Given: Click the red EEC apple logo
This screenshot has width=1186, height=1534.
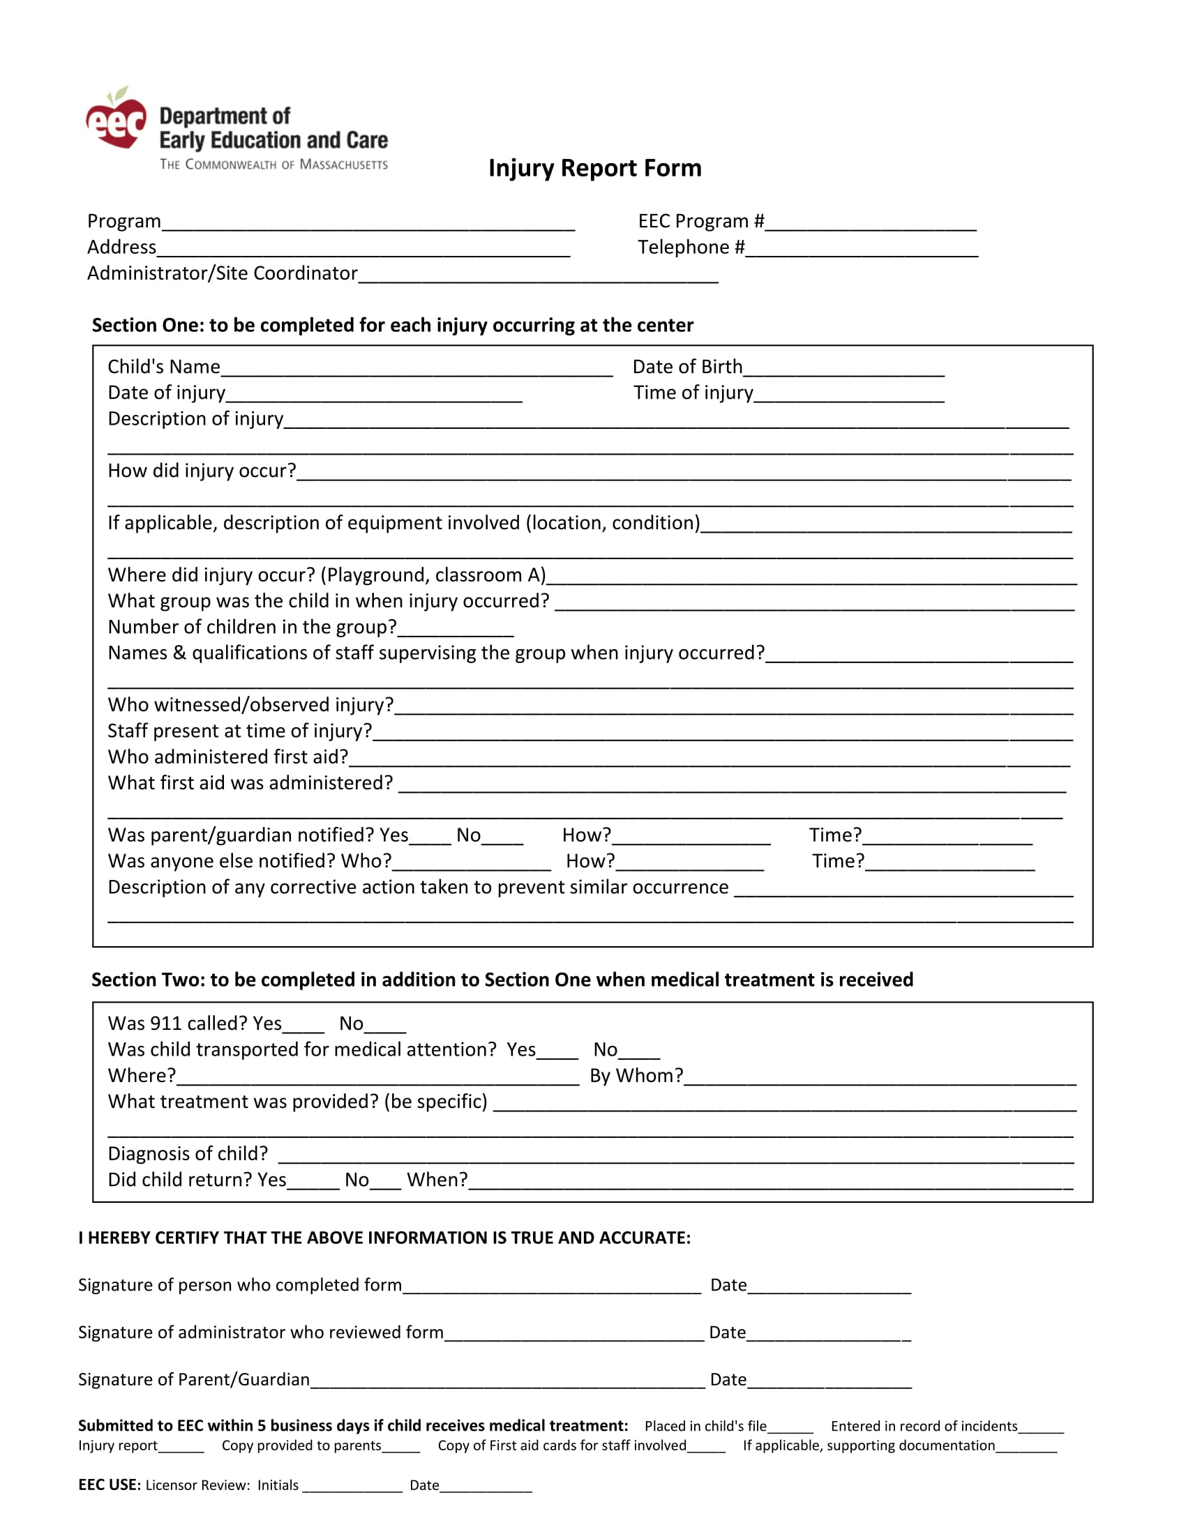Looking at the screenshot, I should coord(116,119).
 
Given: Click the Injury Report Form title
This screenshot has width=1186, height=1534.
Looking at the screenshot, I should coord(594,168).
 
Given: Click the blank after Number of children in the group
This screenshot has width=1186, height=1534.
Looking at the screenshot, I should coord(456,630).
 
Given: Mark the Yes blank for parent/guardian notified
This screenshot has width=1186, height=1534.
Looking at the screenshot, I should coord(430,838).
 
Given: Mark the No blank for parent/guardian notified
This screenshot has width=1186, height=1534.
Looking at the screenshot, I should coord(502,838).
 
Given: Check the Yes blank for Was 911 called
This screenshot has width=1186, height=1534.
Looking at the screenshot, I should coord(303,1026).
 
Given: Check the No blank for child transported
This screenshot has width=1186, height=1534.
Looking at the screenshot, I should coord(639,1052).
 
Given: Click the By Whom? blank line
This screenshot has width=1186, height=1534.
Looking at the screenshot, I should coord(880,1079).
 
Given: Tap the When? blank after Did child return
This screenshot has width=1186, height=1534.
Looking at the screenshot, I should coord(771,1183).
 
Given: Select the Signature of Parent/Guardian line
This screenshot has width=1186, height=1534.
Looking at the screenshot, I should coord(507,1382).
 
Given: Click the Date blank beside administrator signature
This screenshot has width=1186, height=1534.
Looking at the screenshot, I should coord(828,1335).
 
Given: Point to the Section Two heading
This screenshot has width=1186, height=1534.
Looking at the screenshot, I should coord(502,980).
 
